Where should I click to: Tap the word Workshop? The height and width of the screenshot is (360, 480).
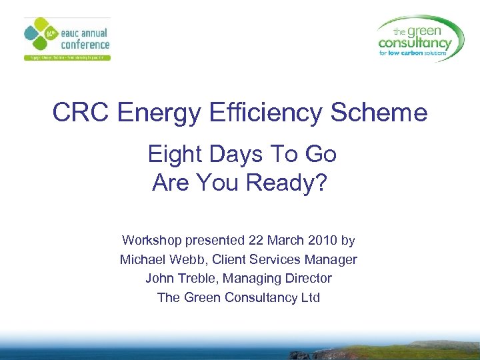150,240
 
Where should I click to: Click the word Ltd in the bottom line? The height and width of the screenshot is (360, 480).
311,297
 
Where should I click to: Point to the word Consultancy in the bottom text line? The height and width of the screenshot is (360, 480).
265,297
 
